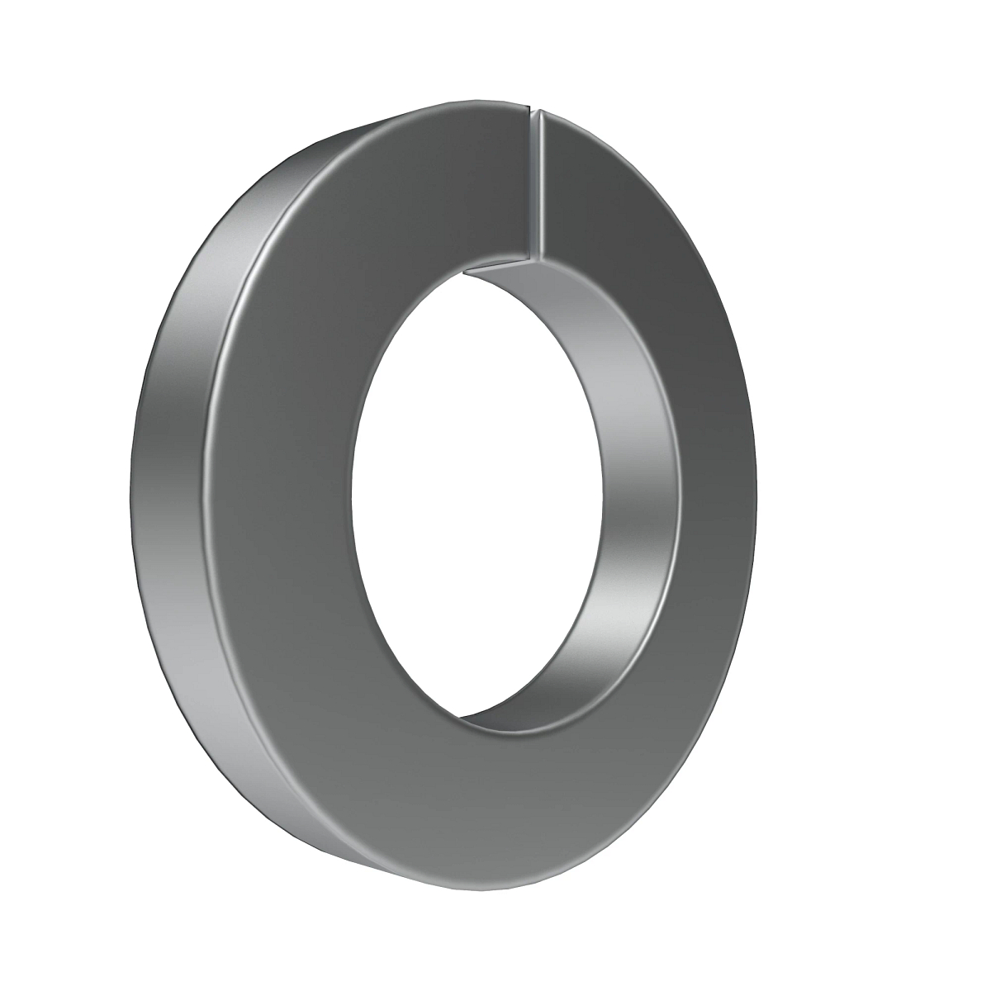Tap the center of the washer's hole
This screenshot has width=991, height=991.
point(475,495)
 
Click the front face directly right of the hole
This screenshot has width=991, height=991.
point(718,495)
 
